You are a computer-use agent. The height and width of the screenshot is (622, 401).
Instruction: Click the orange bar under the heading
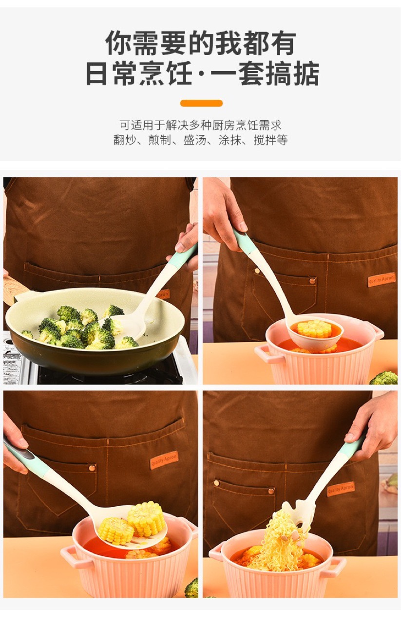tap(201, 103)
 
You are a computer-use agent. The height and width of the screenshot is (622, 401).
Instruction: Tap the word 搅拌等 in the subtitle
tap(270, 140)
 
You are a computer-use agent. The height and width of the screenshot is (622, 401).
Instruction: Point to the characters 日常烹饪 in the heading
tap(139, 73)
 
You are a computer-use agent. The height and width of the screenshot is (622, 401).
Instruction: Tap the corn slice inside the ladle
tap(314, 328)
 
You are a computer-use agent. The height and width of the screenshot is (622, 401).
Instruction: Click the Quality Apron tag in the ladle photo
tap(382, 280)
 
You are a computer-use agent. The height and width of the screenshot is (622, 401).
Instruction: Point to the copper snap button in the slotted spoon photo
tap(92, 468)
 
